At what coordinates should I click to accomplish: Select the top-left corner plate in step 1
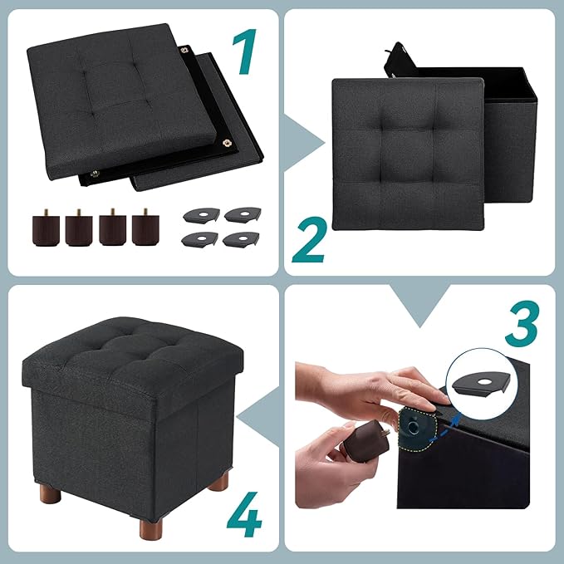[197, 214]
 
